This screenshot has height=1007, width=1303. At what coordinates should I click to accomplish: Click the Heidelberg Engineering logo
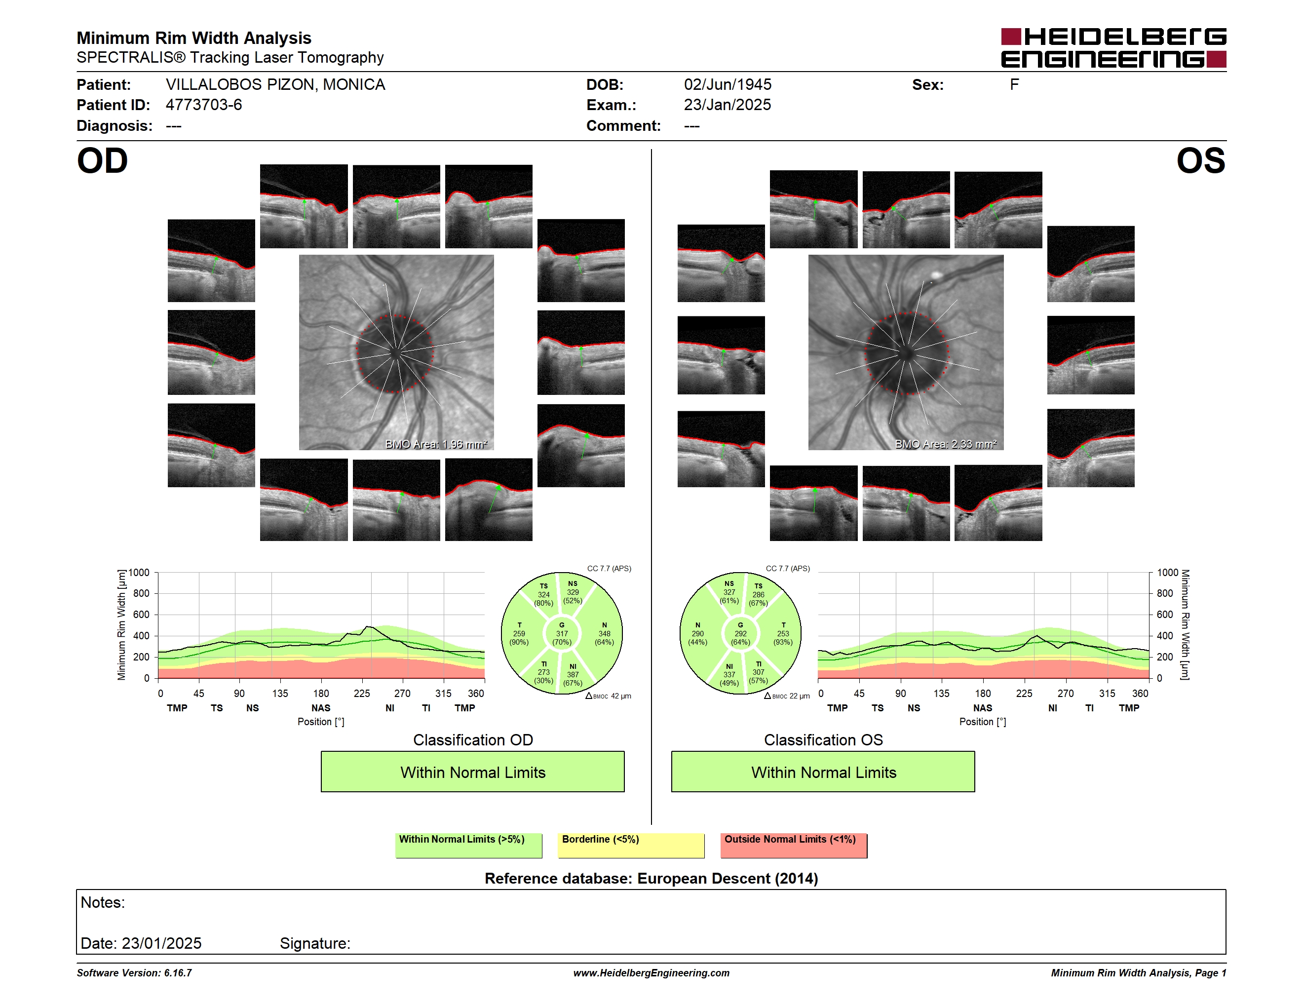click(x=1113, y=48)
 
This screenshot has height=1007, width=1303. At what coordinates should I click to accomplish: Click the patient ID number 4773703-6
click(x=203, y=105)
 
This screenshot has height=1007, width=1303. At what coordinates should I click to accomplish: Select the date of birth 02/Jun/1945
click(x=728, y=85)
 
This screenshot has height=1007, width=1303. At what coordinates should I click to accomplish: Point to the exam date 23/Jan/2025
click(x=728, y=105)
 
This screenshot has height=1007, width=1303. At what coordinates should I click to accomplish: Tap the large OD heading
click(x=102, y=160)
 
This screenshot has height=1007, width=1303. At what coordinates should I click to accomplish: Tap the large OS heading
click(x=1201, y=160)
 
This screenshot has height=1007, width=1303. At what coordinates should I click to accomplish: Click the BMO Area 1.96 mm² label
click(x=436, y=444)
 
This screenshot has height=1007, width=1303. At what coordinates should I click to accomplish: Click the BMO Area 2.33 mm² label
click(x=946, y=444)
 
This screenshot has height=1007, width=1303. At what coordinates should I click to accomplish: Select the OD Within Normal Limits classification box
click(x=472, y=772)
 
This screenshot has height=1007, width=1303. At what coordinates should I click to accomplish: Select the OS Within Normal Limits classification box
click(x=823, y=772)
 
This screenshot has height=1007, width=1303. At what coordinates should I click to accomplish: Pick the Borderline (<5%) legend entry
click(x=631, y=845)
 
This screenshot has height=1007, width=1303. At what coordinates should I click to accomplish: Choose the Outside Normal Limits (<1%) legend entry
click(x=794, y=845)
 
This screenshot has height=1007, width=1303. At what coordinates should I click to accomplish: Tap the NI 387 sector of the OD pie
click(x=573, y=675)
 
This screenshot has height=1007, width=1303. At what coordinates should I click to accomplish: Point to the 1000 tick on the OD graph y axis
click(x=139, y=573)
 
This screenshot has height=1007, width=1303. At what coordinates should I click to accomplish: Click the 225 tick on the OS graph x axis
click(x=1024, y=693)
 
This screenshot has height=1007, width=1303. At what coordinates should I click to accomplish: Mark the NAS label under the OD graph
click(x=320, y=708)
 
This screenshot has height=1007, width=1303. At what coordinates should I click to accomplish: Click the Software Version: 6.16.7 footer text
click(x=134, y=973)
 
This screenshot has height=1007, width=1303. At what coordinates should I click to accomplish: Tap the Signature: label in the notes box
click(x=315, y=943)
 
